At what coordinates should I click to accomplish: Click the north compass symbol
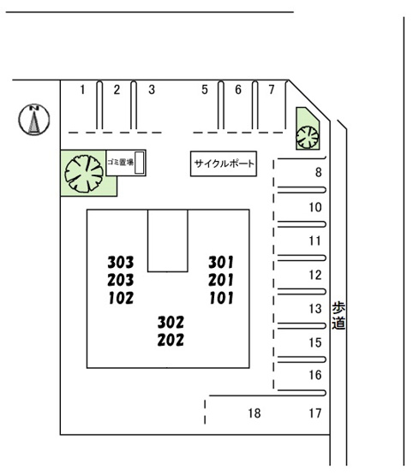[x=34, y=119]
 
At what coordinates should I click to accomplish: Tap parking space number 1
[x=82, y=90]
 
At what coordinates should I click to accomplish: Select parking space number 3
[x=152, y=90]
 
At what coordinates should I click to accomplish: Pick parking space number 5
[x=205, y=90]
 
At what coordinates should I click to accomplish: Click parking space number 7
[x=272, y=90]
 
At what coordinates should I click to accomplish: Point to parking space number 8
[x=318, y=172]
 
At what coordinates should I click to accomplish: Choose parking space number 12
[x=315, y=275]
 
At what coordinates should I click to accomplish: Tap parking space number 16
[x=315, y=375]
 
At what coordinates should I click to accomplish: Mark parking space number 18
[x=254, y=413]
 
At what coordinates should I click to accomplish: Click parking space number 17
[x=315, y=413]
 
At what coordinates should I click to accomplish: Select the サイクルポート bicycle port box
[x=224, y=163]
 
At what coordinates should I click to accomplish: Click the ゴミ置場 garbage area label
[x=120, y=163]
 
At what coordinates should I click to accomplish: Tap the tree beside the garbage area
[x=84, y=174]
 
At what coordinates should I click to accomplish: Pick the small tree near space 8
[x=308, y=137]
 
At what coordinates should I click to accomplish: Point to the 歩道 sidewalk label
[x=338, y=315]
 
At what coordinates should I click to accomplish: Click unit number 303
[x=120, y=263]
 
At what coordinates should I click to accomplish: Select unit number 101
[x=221, y=298]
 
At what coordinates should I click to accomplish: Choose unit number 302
[x=171, y=323]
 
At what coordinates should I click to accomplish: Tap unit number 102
[x=121, y=298]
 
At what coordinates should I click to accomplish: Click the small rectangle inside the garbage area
[x=139, y=163]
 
